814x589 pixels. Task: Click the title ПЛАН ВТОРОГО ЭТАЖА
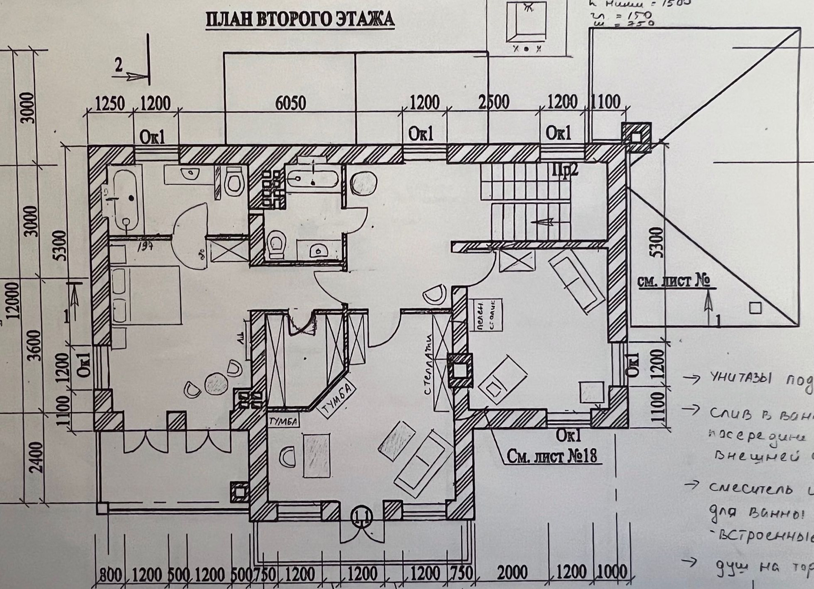[x=300, y=20]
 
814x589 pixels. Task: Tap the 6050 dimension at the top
[x=290, y=103]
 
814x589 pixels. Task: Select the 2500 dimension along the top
[x=494, y=103]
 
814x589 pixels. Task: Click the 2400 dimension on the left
[x=37, y=457]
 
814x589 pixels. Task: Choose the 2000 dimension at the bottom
[x=512, y=573]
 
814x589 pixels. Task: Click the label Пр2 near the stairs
[x=565, y=172]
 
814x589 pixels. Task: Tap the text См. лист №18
[x=552, y=456]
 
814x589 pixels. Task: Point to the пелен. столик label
[x=486, y=314]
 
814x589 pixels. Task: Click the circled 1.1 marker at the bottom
[x=362, y=517]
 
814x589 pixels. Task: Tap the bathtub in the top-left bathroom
[x=123, y=199]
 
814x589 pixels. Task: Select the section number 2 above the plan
[x=119, y=66]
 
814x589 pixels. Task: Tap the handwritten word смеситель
[x=750, y=488]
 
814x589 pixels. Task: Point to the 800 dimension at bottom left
[x=111, y=575]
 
